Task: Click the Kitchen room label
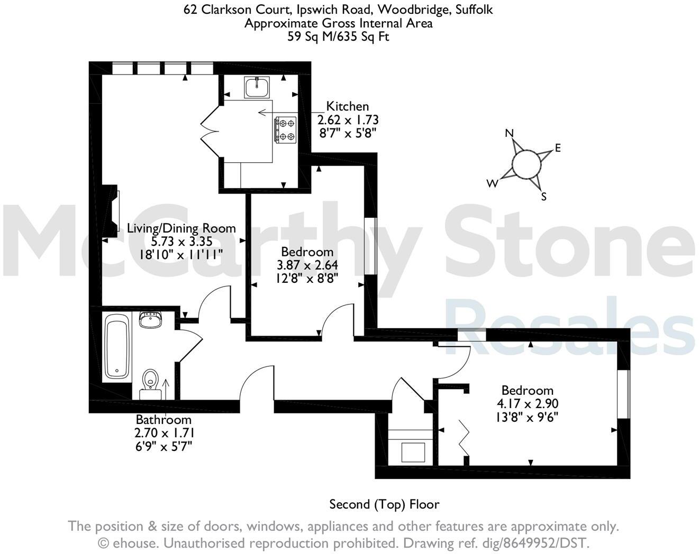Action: click(x=347, y=106)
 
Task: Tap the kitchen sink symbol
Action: click(x=257, y=87)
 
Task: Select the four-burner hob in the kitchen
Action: click(x=286, y=130)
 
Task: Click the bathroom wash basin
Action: click(x=151, y=320)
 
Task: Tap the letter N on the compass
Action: click(x=510, y=133)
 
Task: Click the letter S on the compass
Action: click(x=543, y=197)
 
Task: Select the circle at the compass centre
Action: click(x=527, y=164)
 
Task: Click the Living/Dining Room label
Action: click(x=181, y=228)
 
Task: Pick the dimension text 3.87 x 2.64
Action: click(x=307, y=265)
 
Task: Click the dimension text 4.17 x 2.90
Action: click(x=527, y=403)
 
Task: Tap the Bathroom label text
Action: click(x=164, y=420)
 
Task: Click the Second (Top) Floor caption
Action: click(x=384, y=504)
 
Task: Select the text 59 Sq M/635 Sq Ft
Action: click(x=338, y=37)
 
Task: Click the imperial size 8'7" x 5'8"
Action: click(x=347, y=133)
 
